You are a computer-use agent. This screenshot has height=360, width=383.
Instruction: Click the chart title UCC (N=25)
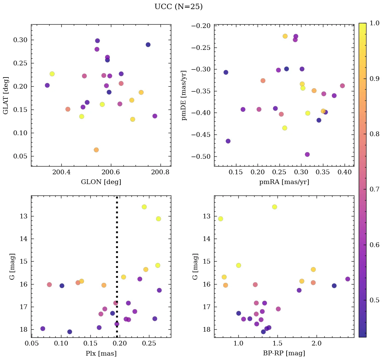tap(178, 7)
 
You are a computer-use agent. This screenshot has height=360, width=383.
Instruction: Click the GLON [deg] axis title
tap(101, 182)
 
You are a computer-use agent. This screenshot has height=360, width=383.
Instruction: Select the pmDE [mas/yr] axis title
tap(184, 95)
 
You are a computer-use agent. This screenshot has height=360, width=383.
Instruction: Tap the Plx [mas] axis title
tap(101, 353)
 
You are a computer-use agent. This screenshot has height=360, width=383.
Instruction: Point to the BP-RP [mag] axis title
tap(284, 353)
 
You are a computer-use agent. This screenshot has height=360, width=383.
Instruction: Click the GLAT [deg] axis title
tap(6, 95)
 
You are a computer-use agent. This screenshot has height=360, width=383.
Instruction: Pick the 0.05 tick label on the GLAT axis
tap(20, 156)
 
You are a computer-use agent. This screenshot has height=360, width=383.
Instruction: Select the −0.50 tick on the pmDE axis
tap(201, 156)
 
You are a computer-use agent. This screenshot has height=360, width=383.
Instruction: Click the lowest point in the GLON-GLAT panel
tap(96, 150)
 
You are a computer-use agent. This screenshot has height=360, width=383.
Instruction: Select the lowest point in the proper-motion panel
tap(307, 154)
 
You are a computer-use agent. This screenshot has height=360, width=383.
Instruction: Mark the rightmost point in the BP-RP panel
tap(348, 279)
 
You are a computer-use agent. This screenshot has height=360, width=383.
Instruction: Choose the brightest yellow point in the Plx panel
tap(144, 207)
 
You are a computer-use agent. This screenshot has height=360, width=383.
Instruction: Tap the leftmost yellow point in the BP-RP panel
tap(220, 219)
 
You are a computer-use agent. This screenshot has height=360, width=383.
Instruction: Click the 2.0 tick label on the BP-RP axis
tap(317, 344)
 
